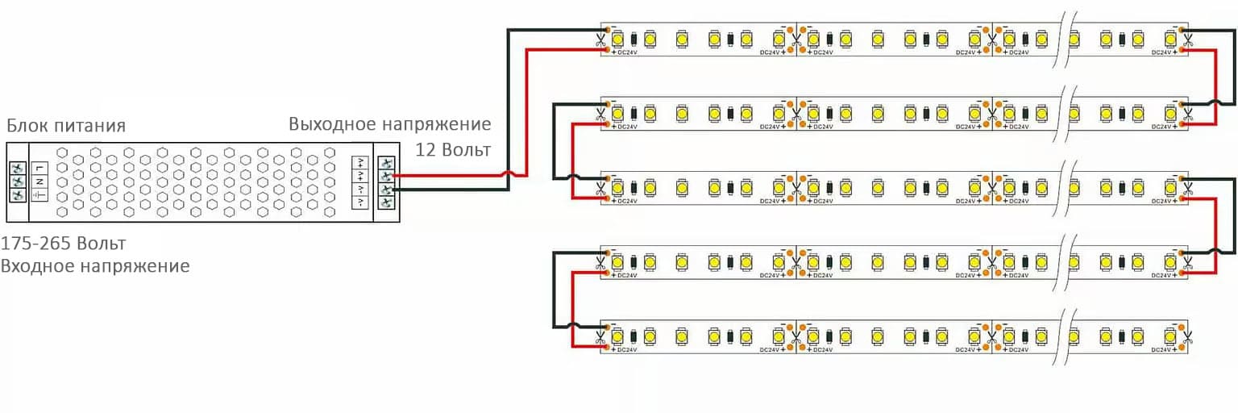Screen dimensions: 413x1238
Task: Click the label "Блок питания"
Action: click(66, 126)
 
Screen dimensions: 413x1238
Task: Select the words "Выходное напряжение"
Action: click(390, 125)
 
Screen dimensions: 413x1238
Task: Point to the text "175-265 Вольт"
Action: click(64, 244)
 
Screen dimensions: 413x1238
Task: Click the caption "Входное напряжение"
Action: click(95, 265)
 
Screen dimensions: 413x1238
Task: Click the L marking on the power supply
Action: click(39, 168)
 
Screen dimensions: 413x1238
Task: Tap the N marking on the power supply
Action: click(39, 181)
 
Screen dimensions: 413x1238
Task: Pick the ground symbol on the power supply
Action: click(39, 196)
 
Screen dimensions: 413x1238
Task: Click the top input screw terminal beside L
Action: click(17, 168)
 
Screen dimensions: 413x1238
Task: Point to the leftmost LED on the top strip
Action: click(618, 38)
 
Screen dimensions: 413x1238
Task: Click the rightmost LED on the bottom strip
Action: click(1169, 333)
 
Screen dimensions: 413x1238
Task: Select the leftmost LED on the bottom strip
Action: click(618, 333)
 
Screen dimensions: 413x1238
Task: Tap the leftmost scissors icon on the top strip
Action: click(601, 38)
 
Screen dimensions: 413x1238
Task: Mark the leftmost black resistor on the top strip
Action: click(634, 38)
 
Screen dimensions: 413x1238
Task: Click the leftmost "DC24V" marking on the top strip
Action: click(627, 52)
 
